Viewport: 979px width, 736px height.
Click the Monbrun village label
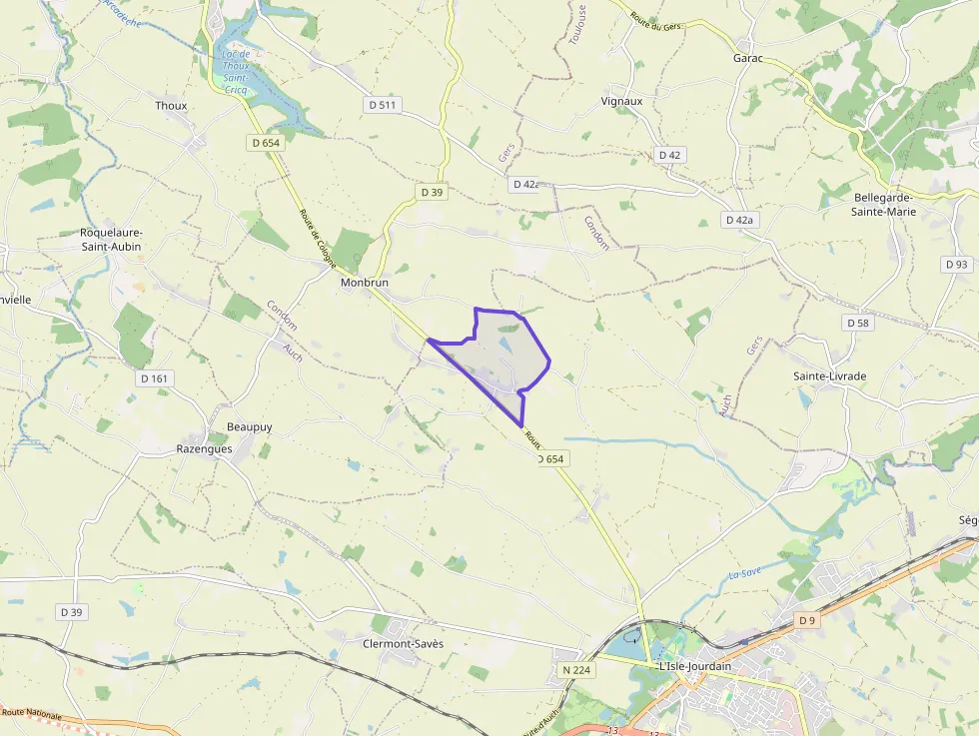point(364,283)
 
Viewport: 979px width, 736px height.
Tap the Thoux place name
point(171,105)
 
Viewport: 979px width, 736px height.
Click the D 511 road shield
point(382,104)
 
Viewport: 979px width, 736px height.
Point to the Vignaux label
point(622,101)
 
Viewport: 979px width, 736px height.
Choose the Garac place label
point(748,58)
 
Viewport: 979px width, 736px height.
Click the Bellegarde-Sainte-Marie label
point(885,204)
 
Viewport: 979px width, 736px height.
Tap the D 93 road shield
point(955,264)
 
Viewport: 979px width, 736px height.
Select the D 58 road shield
point(858,323)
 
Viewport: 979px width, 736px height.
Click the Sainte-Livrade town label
point(829,375)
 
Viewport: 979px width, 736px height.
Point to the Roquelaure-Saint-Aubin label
point(111,239)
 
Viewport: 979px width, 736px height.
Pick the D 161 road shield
point(156,378)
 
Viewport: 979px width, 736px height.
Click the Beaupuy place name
point(249,426)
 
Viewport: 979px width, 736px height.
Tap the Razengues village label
point(204,448)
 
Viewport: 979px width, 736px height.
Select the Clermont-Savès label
point(403,643)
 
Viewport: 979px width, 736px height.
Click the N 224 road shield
point(575,669)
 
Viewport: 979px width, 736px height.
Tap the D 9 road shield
point(807,620)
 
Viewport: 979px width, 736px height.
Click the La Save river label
point(744,573)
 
